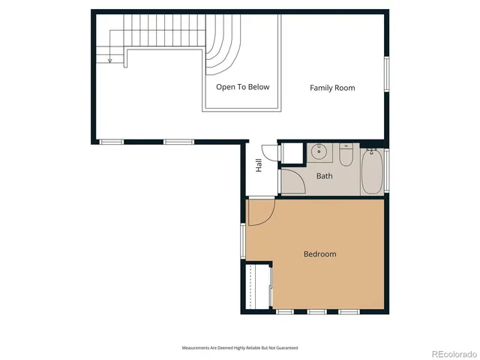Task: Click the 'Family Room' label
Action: tap(332, 88)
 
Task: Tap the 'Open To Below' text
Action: tap(242, 87)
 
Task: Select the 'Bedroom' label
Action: tap(319, 254)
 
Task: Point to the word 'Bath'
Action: tap(324, 176)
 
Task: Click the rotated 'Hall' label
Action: tap(259, 166)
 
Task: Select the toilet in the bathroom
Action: tap(346, 155)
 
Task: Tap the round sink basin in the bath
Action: tap(320, 151)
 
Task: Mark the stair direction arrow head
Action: tap(109, 60)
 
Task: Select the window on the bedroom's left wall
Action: tap(243, 241)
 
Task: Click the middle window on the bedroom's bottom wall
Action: tap(316, 311)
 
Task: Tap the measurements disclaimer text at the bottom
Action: tap(240, 348)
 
